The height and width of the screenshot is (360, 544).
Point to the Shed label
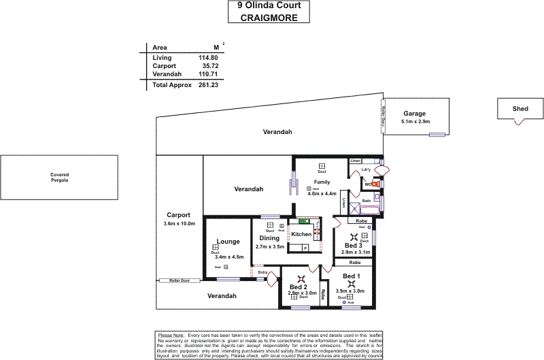click(521, 108)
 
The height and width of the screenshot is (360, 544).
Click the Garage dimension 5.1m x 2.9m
click(415, 121)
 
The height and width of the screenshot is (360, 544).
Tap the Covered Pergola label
click(59, 178)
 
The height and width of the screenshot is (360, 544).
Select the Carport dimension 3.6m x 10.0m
click(179, 223)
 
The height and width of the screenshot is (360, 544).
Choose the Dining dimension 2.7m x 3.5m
click(270, 246)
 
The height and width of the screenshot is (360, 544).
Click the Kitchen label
click(301, 234)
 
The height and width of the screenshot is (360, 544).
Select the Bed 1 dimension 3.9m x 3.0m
click(351, 291)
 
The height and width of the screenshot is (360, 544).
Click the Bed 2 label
click(299, 287)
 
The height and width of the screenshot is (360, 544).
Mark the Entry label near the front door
click(262, 272)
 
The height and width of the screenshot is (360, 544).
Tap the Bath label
click(366, 201)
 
